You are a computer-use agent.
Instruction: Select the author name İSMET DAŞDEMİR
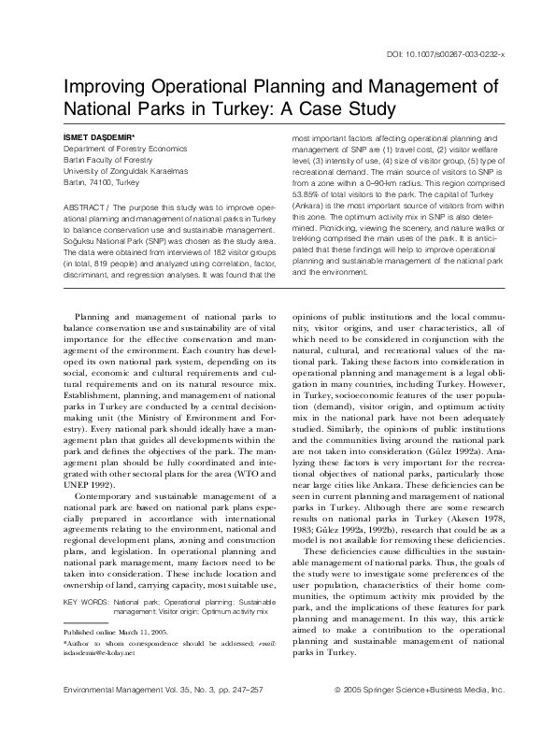click(98, 138)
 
